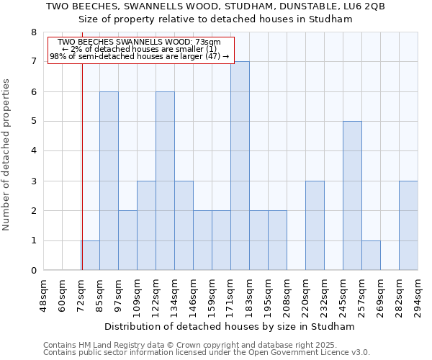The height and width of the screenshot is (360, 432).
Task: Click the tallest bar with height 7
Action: (x=240, y=166)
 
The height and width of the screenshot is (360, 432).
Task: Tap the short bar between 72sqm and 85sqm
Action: (x=90, y=256)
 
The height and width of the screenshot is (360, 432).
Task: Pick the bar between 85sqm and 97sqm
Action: (x=109, y=181)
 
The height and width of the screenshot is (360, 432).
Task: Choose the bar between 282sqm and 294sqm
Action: (x=408, y=225)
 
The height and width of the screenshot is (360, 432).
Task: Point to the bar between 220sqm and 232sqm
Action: (x=315, y=225)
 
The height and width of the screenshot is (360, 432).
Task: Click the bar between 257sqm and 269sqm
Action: (x=371, y=256)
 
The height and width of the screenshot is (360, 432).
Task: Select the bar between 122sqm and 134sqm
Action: (x=165, y=181)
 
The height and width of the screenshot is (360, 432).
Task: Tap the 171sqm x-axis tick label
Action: (x=231, y=294)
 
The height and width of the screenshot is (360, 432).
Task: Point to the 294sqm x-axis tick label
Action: (x=418, y=294)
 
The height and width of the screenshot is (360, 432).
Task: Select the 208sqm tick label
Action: (x=287, y=294)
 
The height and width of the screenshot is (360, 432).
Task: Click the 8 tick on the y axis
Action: (x=33, y=32)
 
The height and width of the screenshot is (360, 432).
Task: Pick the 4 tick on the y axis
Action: (x=33, y=151)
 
